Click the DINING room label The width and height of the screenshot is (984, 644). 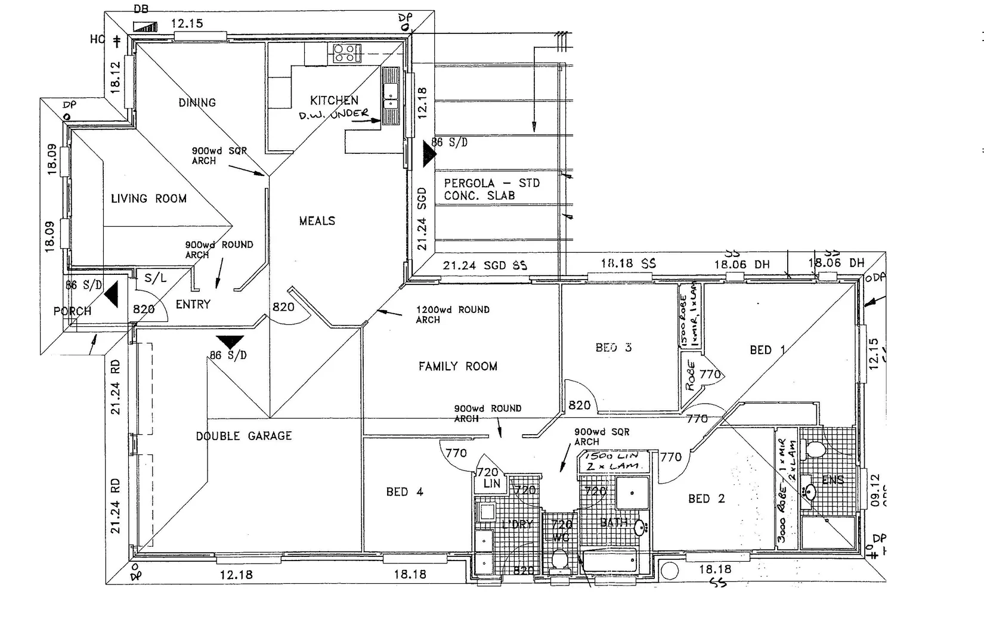tap(197, 103)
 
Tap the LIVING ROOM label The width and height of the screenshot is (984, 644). tap(148, 199)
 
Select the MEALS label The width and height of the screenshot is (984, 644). tap(317, 221)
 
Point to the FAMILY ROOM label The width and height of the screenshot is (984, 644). tap(457, 366)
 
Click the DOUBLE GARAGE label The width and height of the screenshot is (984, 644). tap(244, 436)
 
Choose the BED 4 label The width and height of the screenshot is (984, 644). tap(404, 492)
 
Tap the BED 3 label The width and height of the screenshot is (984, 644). tap(613, 348)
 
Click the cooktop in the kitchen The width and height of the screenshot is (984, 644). tap(347, 53)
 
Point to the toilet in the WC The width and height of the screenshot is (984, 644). tap(559, 559)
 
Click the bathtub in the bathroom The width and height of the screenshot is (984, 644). tap(609, 562)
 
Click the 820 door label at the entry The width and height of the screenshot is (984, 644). tap(144, 309)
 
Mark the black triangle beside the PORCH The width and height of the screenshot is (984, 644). tap(112, 295)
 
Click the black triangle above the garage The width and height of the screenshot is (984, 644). tap(230, 342)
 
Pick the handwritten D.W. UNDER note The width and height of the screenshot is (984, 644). tap(333, 114)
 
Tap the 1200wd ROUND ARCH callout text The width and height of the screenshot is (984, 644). tap(453, 314)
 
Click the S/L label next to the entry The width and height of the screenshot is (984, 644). tap(156, 278)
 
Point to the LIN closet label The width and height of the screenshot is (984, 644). tap(491, 484)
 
